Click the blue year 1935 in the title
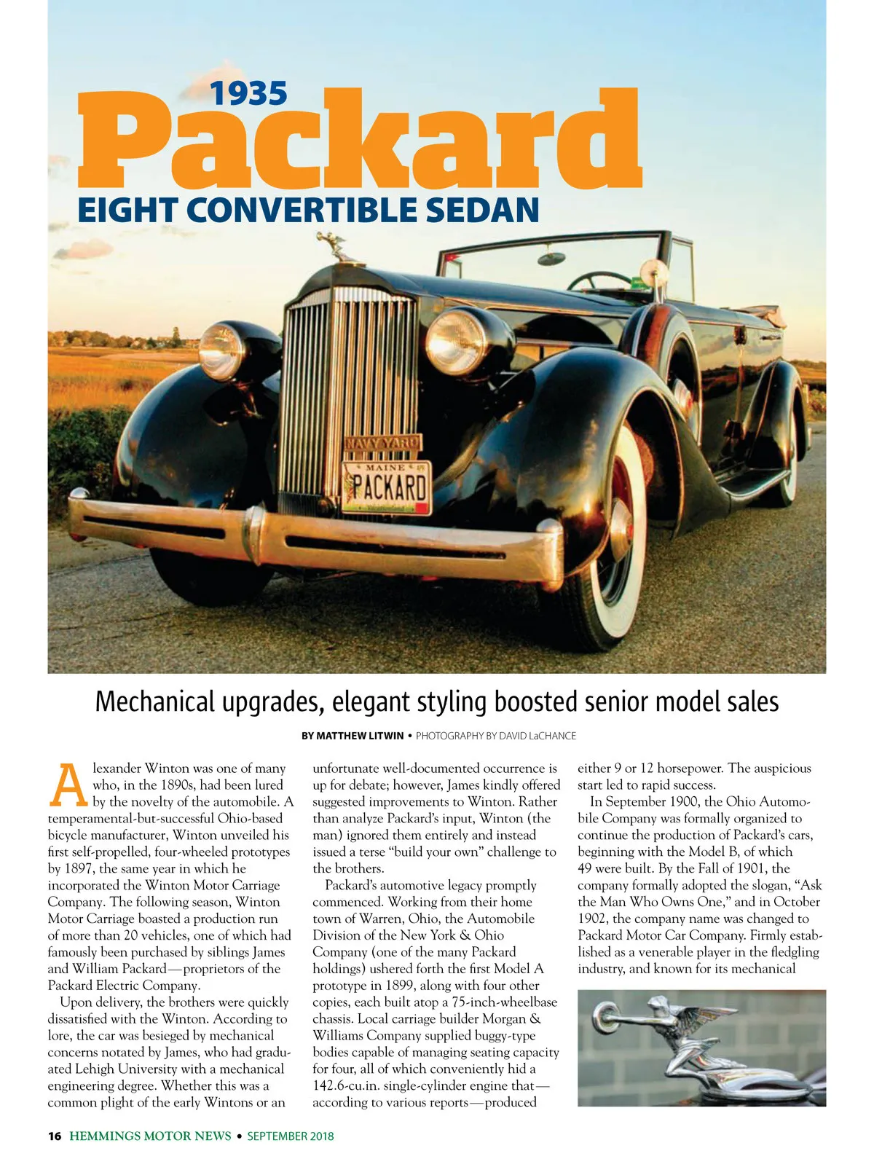point(249,93)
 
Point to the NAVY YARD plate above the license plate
point(382,443)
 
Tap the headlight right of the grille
point(456,340)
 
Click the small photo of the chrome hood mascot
point(701,1048)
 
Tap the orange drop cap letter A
point(67,785)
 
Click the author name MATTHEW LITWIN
point(353,736)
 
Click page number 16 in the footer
point(55,1136)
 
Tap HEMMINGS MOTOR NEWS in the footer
point(151,1136)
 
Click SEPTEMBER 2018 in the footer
point(290,1136)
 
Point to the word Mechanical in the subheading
point(156,702)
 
